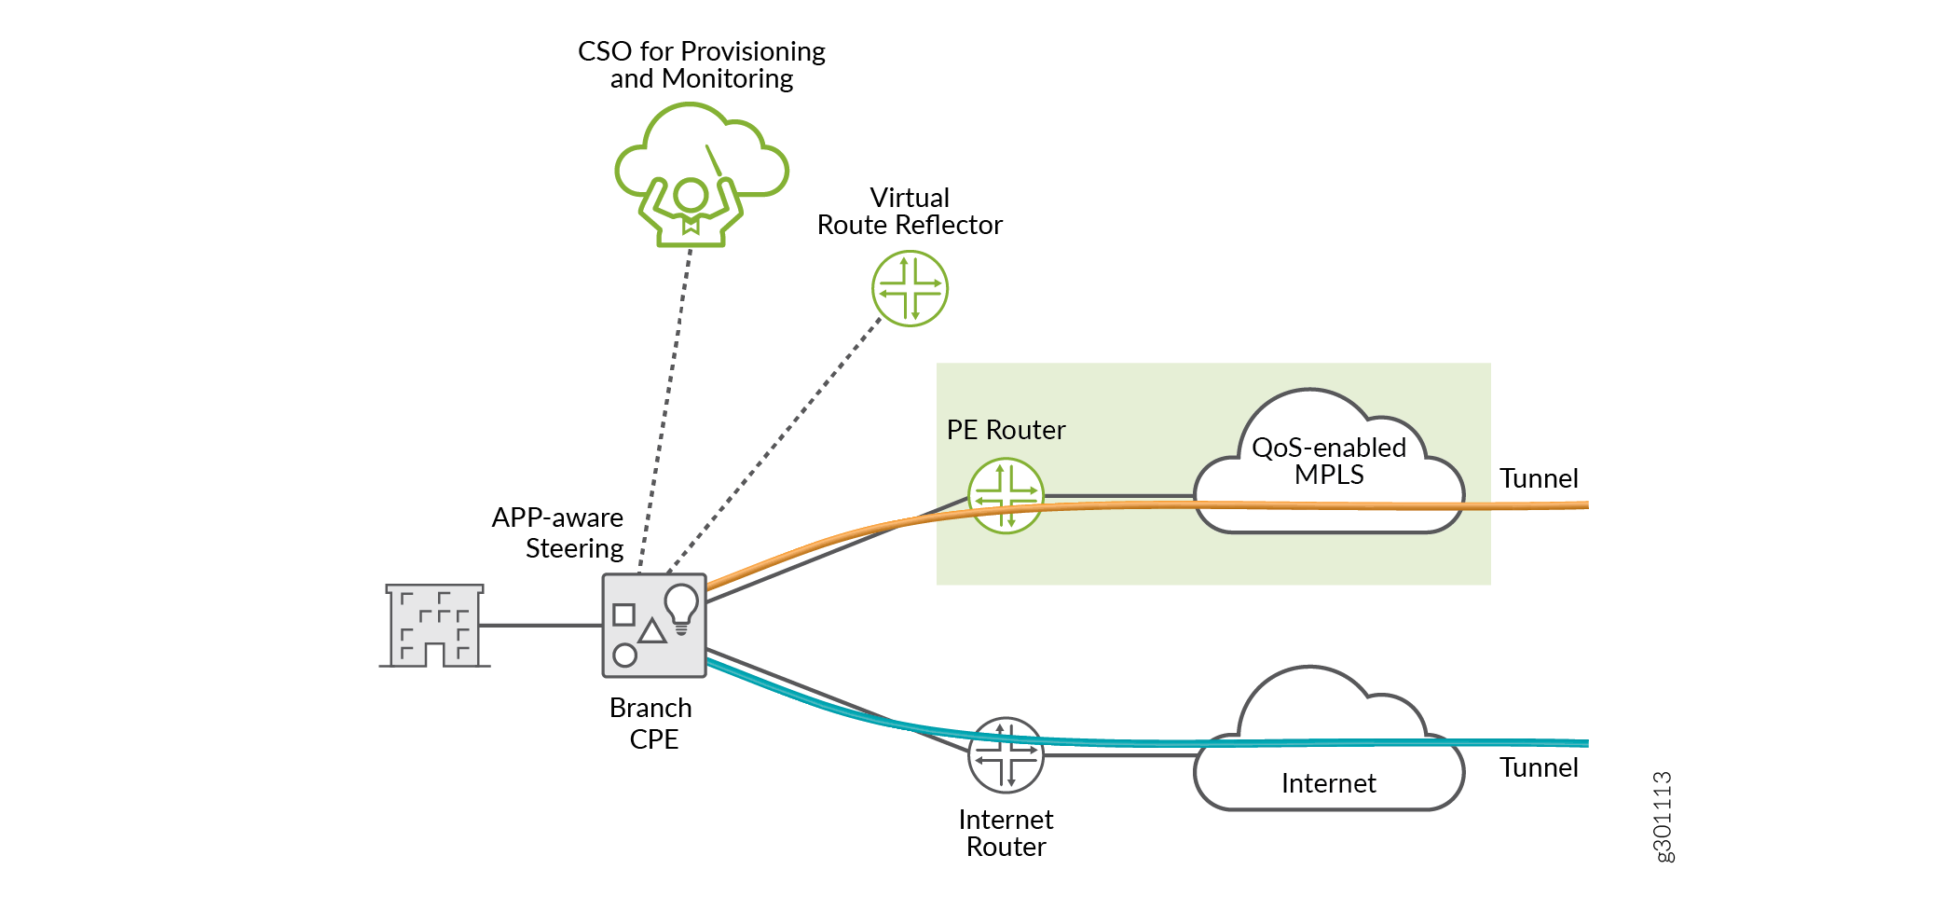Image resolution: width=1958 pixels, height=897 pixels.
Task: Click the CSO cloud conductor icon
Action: (701, 174)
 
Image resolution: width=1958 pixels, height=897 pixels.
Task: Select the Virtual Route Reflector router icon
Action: (910, 288)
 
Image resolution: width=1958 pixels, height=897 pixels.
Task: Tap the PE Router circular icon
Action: (1006, 495)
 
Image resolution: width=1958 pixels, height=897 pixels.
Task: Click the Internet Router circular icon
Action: (1006, 754)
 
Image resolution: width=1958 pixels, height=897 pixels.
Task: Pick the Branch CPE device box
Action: (654, 625)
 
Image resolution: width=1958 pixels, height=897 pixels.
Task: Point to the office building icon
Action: (434, 626)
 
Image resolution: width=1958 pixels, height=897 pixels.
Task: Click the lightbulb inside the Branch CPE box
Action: (681, 607)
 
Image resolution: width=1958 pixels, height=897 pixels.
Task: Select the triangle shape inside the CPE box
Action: (652, 631)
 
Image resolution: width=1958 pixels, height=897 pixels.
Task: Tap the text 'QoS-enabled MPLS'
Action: (1328, 461)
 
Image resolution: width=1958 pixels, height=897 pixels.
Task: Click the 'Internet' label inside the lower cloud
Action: (1328, 783)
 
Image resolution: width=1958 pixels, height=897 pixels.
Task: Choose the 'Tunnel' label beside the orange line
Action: (1539, 478)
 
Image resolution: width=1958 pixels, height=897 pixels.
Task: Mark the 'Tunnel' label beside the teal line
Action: (1539, 767)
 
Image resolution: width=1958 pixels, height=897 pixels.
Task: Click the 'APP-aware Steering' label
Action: (558, 532)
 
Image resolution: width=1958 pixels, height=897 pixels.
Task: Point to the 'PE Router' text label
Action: (1006, 430)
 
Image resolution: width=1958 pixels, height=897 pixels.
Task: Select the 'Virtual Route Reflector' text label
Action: (910, 212)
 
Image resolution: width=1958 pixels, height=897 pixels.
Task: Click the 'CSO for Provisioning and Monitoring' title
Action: (702, 64)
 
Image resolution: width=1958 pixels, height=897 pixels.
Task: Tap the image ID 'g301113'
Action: (1664, 816)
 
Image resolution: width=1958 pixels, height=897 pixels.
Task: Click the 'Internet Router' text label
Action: (1006, 833)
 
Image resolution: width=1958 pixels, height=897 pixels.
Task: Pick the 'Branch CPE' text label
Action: (651, 723)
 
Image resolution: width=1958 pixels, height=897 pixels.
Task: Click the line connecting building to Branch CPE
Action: (541, 625)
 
